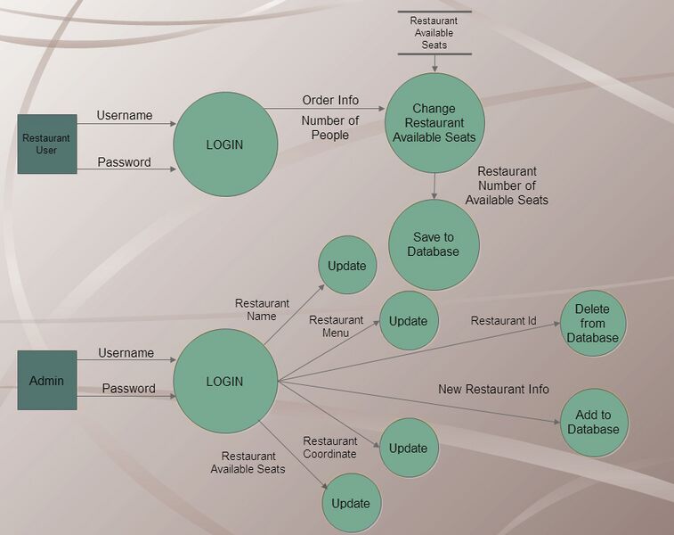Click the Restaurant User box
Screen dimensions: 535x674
pos(46,144)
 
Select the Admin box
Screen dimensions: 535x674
pos(46,381)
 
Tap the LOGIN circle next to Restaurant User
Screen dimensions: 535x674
pos(224,144)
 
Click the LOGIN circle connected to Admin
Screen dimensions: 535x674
pos(224,382)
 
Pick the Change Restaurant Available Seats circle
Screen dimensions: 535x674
pos(434,123)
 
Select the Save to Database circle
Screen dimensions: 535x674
pos(434,244)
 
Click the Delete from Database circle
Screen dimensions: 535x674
pos(593,324)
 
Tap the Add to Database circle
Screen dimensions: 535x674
pos(594,422)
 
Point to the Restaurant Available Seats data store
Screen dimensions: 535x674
pos(434,33)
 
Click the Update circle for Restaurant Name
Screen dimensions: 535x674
pos(347,265)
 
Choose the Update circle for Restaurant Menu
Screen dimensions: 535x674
pos(409,321)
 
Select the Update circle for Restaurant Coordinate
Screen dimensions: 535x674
pos(409,448)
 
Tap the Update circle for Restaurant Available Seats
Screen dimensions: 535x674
pos(351,504)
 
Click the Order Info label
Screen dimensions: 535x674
pos(330,100)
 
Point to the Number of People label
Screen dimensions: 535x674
pos(330,128)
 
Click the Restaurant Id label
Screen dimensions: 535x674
pos(504,321)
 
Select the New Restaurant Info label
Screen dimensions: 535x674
pos(493,390)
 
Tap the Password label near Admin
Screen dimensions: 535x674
pos(128,389)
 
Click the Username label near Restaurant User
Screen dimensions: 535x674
pos(125,115)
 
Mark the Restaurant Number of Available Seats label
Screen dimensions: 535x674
pos(507,185)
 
